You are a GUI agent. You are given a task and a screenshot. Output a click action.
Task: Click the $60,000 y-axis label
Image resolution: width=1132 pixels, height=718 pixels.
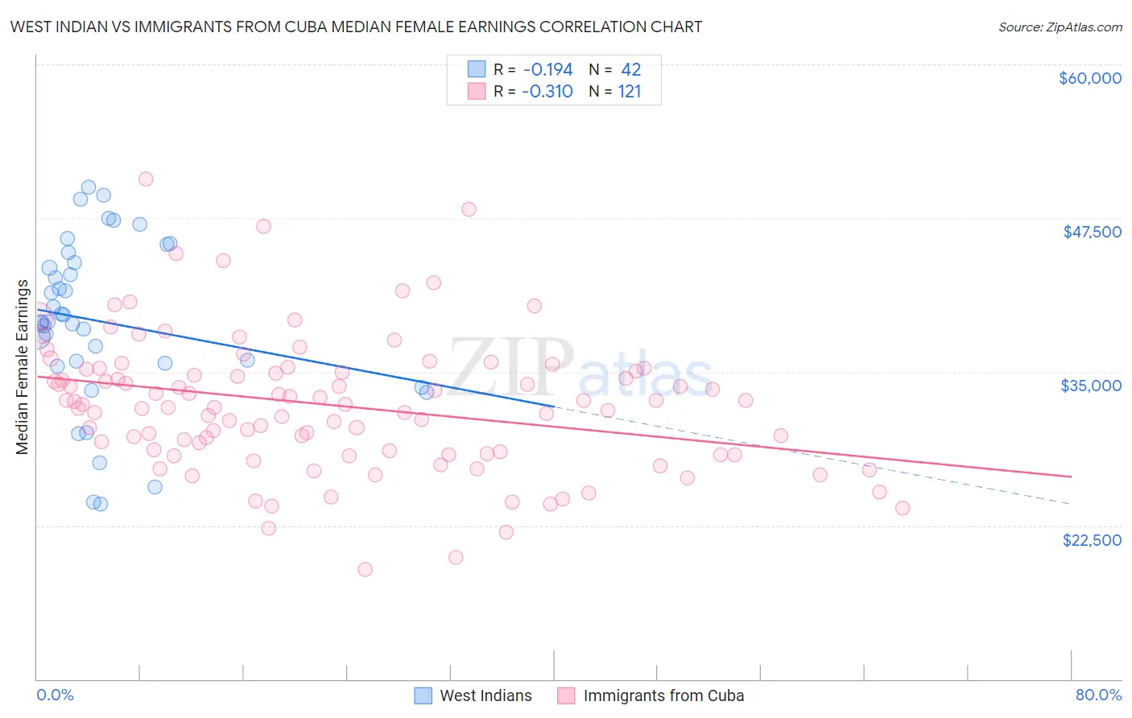[x=1089, y=78]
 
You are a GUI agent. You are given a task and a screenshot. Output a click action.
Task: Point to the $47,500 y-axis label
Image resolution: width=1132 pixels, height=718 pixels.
[x=1092, y=232]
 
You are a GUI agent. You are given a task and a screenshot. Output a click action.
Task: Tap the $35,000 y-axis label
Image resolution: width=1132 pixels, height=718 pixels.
[x=1091, y=386]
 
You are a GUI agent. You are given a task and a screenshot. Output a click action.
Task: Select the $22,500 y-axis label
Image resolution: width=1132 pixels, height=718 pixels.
[x=1092, y=540]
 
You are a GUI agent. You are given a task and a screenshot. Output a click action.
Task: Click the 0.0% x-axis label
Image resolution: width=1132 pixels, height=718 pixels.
[x=55, y=695]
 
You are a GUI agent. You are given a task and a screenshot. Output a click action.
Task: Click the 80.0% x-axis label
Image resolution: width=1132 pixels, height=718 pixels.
[x=1098, y=695]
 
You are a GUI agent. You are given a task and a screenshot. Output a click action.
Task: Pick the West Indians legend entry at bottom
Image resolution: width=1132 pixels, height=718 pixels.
[x=485, y=696]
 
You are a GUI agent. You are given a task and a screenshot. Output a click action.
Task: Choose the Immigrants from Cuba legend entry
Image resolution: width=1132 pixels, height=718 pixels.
[x=663, y=696]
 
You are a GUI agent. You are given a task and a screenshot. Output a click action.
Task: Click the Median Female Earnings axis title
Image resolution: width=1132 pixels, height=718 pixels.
[x=23, y=367]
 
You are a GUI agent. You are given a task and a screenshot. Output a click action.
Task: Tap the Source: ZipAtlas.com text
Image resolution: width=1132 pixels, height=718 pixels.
[x=1060, y=27]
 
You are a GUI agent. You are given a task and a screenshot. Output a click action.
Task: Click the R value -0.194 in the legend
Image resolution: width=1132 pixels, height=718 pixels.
[x=547, y=70]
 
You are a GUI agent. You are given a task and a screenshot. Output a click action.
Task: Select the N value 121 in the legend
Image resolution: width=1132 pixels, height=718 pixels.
[x=630, y=92]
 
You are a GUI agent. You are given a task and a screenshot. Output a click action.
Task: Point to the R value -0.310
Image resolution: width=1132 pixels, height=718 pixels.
[x=547, y=92]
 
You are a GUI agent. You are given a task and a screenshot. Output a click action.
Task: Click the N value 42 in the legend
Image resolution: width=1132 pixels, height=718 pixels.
[x=630, y=70]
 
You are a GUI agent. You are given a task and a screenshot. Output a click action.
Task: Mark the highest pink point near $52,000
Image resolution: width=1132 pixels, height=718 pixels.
[x=146, y=179]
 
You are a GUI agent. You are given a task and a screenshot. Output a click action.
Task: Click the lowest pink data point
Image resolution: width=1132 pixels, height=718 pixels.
[x=365, y=569]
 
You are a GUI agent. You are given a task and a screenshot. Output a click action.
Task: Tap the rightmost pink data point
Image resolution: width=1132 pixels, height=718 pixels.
[x=903, y=508]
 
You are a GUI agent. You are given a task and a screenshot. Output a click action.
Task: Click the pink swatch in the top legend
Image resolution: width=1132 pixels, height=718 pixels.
[x=477, y=92]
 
